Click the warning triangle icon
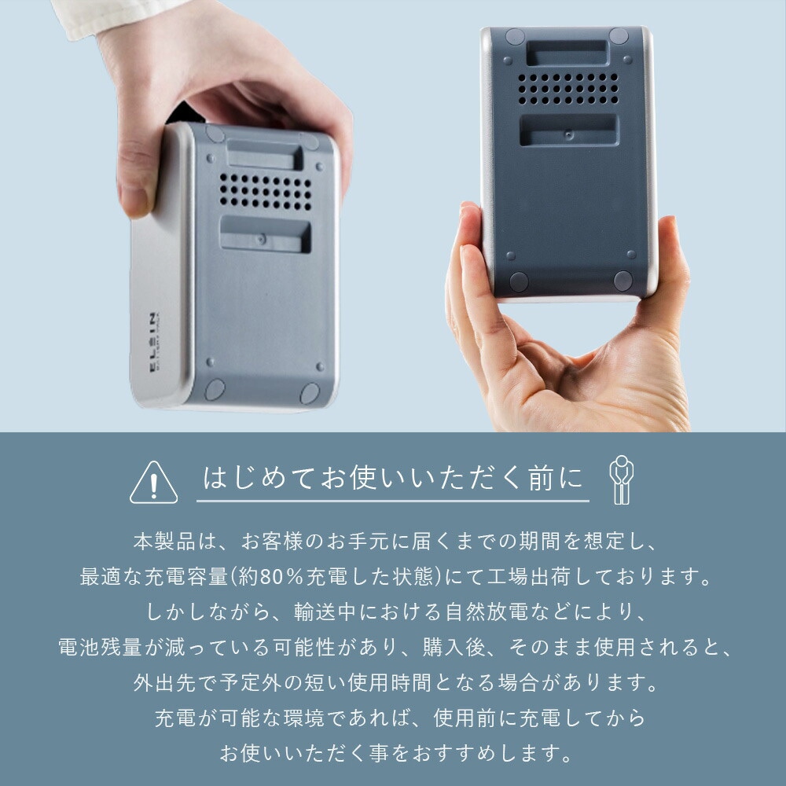153,483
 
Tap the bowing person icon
621,480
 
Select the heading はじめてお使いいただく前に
393,479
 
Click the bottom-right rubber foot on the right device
623,281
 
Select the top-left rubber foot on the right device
515,36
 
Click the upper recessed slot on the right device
566,53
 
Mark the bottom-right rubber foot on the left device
310,393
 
